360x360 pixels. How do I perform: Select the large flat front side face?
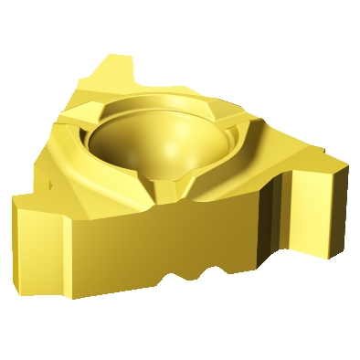tap(155, 247)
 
